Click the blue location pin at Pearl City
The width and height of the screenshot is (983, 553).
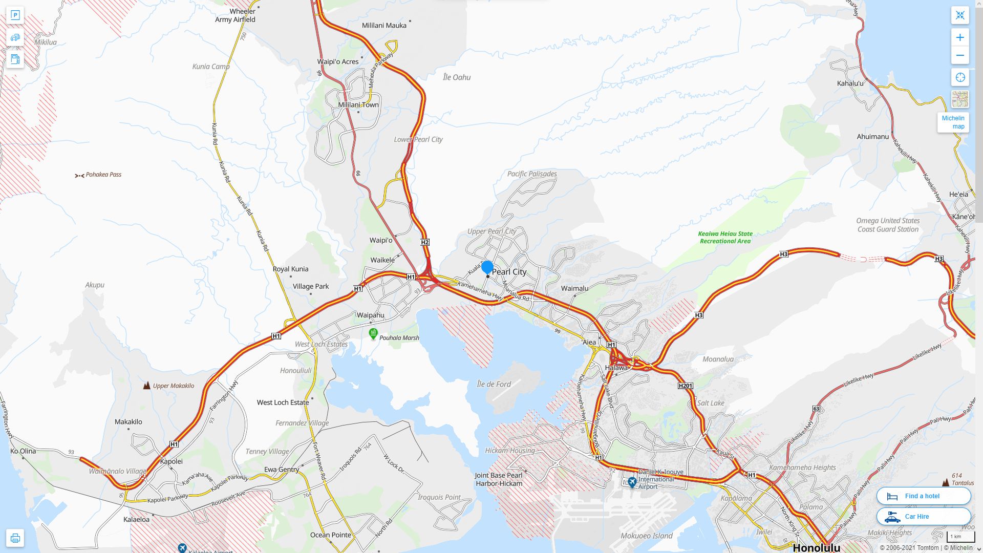[487, 267]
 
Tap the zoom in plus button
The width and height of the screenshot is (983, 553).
[960, 37]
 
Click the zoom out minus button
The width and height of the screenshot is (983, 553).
[960, 55]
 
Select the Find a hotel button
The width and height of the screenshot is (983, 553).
[924, 496]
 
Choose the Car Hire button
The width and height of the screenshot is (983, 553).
[924, 516]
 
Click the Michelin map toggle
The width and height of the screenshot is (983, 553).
[953, 122]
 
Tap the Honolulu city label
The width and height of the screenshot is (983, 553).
[816, 547]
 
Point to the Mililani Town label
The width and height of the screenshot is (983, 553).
[358, 105]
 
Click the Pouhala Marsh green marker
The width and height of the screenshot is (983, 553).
[373, 334]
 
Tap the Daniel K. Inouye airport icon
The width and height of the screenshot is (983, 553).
[632, 482]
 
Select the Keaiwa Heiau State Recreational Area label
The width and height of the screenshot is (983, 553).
[725, 237]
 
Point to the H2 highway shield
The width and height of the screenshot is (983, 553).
[424, 242]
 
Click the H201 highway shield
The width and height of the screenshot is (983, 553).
[685, 386]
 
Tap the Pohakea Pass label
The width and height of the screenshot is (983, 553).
[103, 175]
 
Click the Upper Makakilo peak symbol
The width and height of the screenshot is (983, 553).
[147, 385]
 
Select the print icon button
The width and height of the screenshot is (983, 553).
[15, 538]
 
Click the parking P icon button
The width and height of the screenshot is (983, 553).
[15, 15]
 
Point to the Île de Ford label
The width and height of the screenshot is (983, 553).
[494, 384]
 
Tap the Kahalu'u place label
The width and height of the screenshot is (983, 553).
[850, 83]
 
